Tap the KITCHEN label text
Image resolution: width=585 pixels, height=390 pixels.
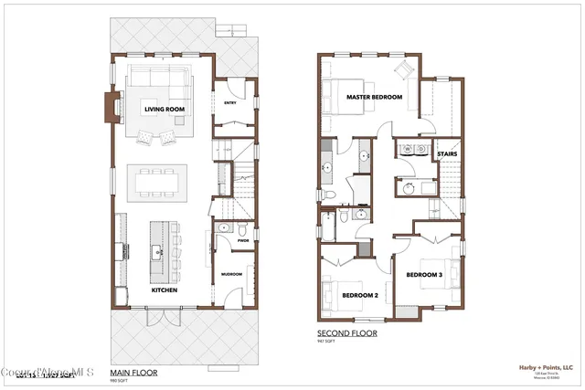pyautogui.click(x=165, y=290)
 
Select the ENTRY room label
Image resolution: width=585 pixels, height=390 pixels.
pyautogui.click(x=229, y=103)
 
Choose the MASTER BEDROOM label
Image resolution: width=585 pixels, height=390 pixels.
pyautogui.click(x=374, y=97)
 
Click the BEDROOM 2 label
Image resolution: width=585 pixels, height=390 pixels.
pyautogui.click(x=360, y=295)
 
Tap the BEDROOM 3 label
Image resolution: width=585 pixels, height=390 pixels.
pyautogui.click(x=424, y=275)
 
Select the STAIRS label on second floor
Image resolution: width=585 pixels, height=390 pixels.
pyautogui.click(x=447, y=154)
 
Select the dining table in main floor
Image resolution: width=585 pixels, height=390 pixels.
pyautogui.click(x=161, y=180)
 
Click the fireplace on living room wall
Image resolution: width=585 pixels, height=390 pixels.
pyautogui.click(x=112, y=104)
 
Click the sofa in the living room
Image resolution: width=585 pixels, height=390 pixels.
pyautogui.click(x=159, y=78)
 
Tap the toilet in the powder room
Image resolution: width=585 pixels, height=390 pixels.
pyautogui.click(x=222, y=228)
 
